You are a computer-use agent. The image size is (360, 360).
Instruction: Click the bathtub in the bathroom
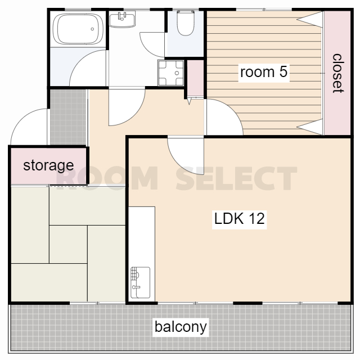tap(78, 29)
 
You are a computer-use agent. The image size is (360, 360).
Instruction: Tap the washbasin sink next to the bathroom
tap(122, 19)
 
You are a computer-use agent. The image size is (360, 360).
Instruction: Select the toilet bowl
tap(186, 23)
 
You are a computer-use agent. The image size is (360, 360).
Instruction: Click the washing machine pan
tap(171, 73)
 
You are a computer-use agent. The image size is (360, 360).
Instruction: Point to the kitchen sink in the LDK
tap(140, 282)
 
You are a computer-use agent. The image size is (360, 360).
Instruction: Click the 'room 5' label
tap(264, 72)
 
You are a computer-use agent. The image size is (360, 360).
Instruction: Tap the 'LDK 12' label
tap(239, 219)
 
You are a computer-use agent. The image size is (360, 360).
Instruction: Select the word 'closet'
tap(337, 74)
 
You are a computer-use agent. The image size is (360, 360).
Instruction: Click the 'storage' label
tap(48, 166)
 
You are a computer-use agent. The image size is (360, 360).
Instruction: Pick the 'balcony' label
tap(181, 327)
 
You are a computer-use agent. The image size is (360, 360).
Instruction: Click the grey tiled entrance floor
tap(69, 117)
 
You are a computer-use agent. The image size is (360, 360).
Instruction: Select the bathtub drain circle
tap(92, 29)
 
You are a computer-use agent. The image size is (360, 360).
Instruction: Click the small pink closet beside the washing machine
tap(195, 78)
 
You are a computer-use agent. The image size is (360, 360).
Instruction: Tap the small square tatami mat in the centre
tap(68, 244)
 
